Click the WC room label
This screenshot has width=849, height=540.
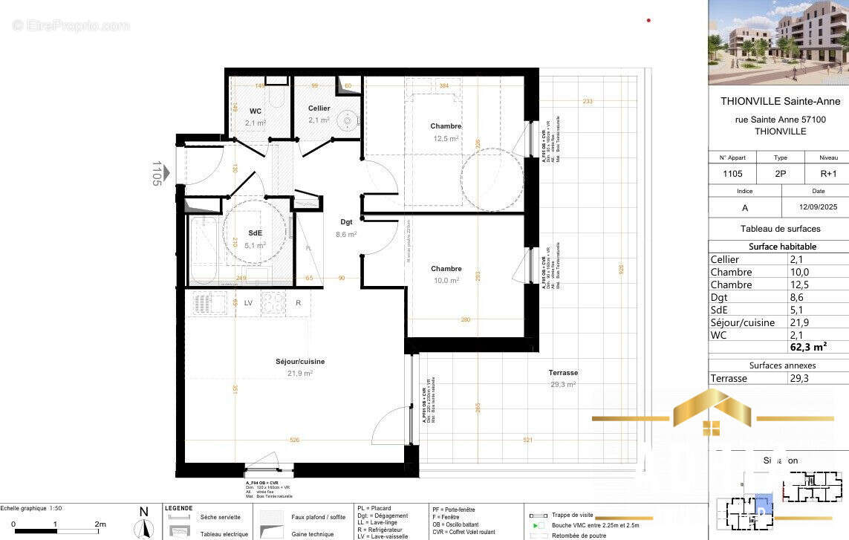coord(256,111)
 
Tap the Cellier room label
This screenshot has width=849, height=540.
coord(319,108)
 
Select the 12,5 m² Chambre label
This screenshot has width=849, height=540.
coord(446,126)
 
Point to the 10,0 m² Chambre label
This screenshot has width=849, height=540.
coord(446,269)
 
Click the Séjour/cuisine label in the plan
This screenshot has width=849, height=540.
coord(299,362)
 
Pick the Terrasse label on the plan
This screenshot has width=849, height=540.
coord(563,373)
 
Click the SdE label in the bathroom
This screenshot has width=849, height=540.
coord(256,232)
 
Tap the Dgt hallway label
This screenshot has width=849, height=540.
coord(346,222)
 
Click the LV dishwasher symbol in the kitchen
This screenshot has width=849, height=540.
coord(248,303)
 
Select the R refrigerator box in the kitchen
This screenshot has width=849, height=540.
coord(298,303)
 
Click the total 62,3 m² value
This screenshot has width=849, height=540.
coord(809,347)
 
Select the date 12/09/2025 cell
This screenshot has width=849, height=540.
coord(815,208)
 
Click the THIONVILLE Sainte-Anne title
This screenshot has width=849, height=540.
coord(775,101)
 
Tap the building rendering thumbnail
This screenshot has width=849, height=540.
coord(778,42)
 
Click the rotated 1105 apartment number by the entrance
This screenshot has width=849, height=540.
coord(157,173)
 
